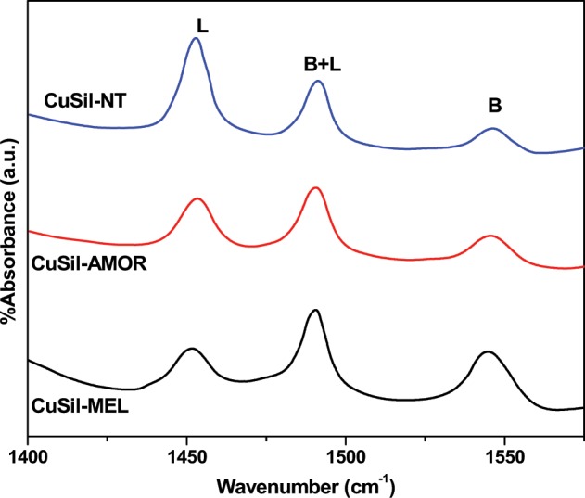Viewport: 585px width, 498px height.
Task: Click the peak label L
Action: pos(202,28)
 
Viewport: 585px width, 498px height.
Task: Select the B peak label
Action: pos(494,108)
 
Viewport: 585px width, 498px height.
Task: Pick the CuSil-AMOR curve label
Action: pos(83,264)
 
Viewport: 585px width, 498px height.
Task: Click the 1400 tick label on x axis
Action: pos(29,457)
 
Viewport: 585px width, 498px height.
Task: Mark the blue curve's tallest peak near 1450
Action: pos(196,39)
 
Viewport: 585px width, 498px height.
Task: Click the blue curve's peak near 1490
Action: pos(317,81)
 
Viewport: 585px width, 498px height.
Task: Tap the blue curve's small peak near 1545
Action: pos(493,128)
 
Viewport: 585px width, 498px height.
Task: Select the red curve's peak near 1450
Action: pos(197,198)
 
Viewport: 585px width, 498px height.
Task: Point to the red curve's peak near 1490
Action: pos(316,187)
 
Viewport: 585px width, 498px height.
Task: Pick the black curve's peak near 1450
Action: pos(191,349)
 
